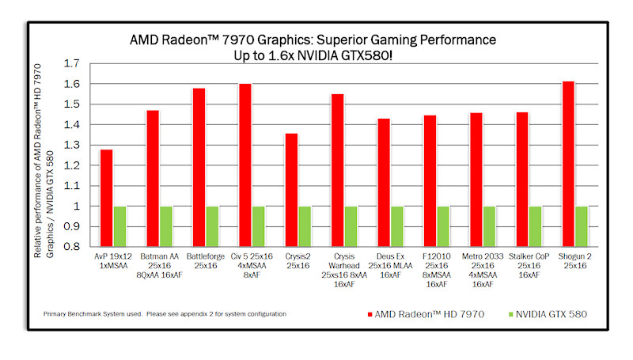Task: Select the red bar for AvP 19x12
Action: pos(106,198)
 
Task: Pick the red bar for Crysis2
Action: pos(291,190)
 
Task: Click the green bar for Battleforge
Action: pos(213,226)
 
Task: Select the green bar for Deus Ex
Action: pos(397,226)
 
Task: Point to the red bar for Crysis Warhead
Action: pos(338,170)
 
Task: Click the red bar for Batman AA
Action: pos(153,178)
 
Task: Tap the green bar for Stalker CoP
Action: pos(536,226)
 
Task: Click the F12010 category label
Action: pos(436,257)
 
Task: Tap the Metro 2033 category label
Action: pos(482,257)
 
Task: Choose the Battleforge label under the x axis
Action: pos(205,257)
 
